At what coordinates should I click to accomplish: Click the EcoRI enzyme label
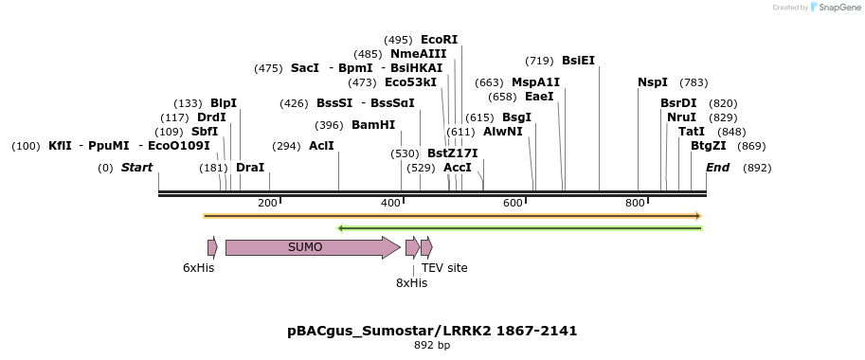439,40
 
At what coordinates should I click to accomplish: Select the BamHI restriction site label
373,125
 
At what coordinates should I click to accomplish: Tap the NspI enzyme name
653,82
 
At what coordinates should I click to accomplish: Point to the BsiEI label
578,61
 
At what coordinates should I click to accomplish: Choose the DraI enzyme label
250,168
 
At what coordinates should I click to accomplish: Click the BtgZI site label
709,146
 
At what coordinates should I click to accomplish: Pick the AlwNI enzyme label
502,132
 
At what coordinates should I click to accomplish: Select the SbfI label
205,132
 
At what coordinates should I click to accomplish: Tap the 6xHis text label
199,268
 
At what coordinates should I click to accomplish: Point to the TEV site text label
444,268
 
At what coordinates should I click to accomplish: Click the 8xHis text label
412,282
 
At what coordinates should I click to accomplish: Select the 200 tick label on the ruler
267,204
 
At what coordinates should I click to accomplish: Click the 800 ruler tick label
635,204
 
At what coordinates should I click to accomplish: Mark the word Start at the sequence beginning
136,168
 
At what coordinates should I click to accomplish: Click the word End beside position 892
717,168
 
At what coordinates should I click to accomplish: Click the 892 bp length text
432,346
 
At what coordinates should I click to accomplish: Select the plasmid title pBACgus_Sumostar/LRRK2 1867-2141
432,331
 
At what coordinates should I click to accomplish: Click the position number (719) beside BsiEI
539,61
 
